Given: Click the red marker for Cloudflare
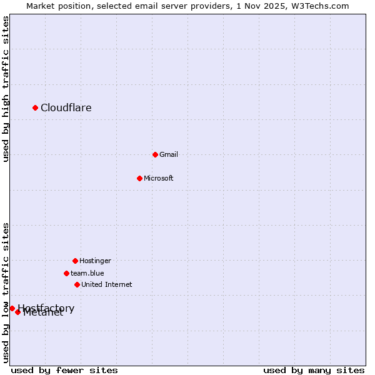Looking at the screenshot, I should point(35,108).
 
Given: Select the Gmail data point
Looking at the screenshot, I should point(155,154).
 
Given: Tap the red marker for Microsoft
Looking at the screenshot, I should point(139,178).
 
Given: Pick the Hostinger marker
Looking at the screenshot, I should point(75,261).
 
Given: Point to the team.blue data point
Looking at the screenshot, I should point(66,273).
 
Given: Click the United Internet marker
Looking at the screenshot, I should point(77,284).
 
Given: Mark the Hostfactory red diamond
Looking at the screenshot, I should point(12,308).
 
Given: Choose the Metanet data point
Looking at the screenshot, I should point(17,312).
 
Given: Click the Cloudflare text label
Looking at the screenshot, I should point(66,108).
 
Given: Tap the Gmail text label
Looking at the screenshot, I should point(169,154).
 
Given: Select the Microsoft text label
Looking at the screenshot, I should point(159,178).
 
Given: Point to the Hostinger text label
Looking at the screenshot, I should point(95,261).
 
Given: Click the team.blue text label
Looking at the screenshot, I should point(87,273).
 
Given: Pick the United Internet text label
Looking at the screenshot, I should point(107,284).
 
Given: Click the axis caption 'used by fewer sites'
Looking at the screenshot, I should point(64,370).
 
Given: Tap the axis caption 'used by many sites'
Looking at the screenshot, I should point(314,370).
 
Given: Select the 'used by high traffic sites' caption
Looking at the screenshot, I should point(6,89).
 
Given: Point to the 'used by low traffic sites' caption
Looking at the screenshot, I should point(6,292).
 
